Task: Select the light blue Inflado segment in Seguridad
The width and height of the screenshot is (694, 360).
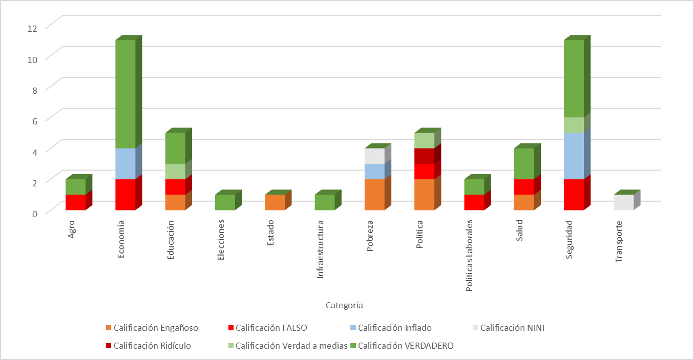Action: (x=574, y=156)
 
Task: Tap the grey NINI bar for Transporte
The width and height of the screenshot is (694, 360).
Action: (x=623, y=202)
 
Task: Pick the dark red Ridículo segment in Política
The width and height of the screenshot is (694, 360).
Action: (x=424, y=156)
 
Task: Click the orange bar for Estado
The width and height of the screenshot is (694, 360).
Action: (x=275, y=202)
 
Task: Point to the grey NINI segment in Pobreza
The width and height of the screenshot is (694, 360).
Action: (x=374, y=156)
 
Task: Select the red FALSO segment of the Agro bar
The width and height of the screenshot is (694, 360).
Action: (x=75, y=202)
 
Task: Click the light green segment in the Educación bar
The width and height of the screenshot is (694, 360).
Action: (x=175, y=171)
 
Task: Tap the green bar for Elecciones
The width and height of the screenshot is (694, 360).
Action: (x=225, y=202)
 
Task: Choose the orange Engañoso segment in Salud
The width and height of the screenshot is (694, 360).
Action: (x=524, y=202)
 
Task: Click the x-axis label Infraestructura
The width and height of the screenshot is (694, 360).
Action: (x=321, y=249)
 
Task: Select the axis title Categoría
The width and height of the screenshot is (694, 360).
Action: (x=344, y=305)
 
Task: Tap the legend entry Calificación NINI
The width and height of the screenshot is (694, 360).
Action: (x=512, y=328)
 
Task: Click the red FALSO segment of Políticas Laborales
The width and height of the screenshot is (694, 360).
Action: (x=474, y=202)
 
